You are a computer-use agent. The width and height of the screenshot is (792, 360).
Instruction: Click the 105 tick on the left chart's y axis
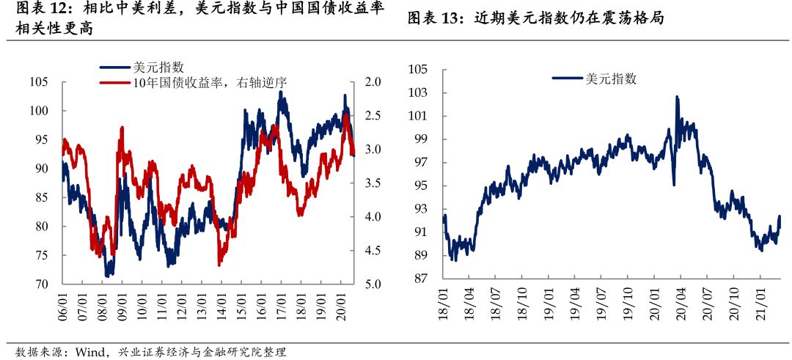(x=39, y=82)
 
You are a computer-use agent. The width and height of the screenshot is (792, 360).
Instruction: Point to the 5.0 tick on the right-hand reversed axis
(x=373, y=284)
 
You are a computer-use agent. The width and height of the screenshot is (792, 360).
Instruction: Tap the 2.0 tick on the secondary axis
(x=373, y=82)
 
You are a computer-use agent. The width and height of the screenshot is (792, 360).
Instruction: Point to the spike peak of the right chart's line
(x=676, y=97)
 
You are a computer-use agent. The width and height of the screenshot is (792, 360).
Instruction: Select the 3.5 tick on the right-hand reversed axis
(x=373, y=183)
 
